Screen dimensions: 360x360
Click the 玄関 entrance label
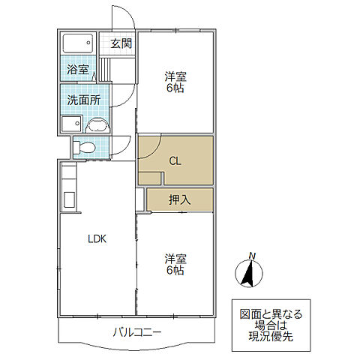[121, 43]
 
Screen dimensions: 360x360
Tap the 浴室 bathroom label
[78, 69]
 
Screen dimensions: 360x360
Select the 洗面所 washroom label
[84, 100]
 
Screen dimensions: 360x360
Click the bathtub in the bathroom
[78, 43]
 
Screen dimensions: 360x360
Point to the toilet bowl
[84, 147]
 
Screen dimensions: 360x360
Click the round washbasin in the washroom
[97, 125]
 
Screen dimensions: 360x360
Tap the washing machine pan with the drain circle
[71, 124]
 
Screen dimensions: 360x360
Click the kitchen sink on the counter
[69, 199]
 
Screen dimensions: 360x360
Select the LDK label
[97, 239]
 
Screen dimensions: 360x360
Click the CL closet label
[175, 161]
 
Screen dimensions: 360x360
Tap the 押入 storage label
[180, 199]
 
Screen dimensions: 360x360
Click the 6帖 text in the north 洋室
[175, 88]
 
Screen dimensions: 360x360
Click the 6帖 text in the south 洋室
[175, 270]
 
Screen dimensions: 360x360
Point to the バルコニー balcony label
[137, 332]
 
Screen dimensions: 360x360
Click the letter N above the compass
[252, 256]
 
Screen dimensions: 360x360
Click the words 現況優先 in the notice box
[271, 337]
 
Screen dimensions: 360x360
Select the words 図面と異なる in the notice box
[271, 314]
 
